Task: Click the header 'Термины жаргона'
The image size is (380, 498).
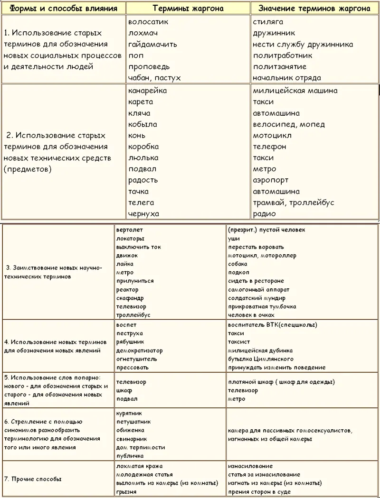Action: point(188,8)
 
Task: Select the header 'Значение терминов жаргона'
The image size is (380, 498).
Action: point(314,8)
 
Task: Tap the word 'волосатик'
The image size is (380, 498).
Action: point(148,22)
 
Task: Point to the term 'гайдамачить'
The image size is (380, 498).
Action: point(152,44)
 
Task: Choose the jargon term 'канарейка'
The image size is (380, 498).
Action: point(147,91)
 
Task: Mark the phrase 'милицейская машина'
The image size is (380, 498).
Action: point(295,91)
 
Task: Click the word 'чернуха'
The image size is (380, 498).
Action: point(143,214)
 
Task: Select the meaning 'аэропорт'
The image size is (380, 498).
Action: point(270,180)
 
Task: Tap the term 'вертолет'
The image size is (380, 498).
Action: point(129,230)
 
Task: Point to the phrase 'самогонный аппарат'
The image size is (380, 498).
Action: point(258,290)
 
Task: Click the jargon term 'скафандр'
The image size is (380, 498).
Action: point(130,298)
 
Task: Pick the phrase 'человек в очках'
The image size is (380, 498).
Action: point(251,315)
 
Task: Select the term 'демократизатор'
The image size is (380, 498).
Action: point(139,350)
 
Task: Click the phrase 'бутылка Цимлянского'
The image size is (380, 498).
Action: point(261,359)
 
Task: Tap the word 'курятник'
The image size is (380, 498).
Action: point(129,413)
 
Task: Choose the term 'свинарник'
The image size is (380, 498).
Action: point(132,439)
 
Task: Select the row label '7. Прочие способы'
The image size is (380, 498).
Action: point(33,479)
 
